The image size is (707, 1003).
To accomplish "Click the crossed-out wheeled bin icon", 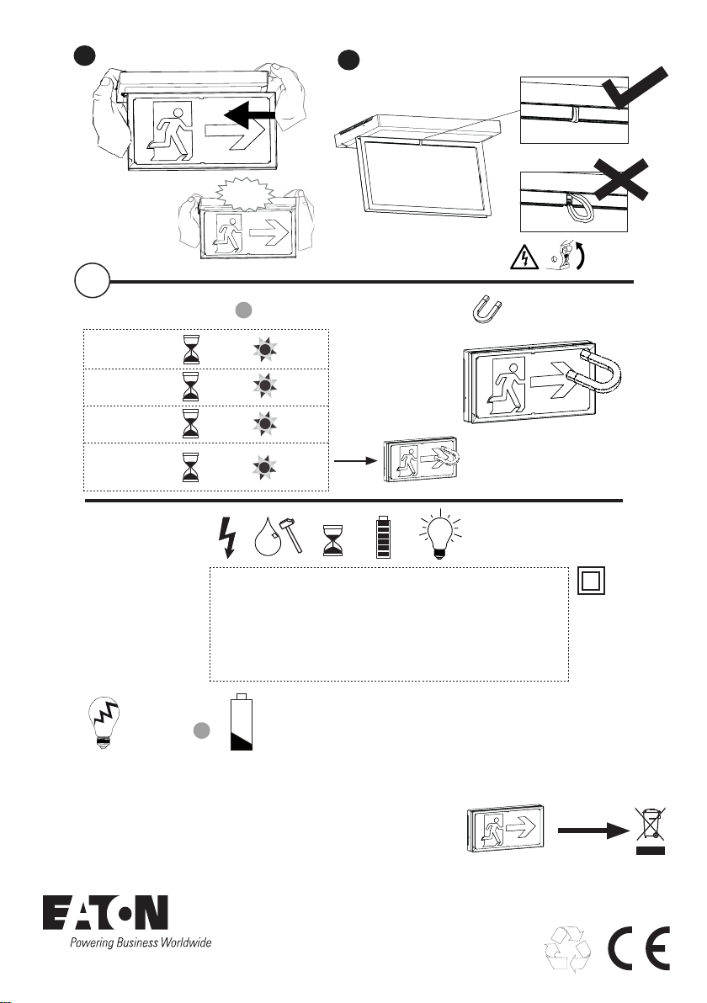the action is point(650,830).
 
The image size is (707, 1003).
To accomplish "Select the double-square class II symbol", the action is point(591,581).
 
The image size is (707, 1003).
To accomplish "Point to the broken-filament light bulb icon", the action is point(104,722).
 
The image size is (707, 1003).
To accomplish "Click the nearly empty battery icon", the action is point(242,722).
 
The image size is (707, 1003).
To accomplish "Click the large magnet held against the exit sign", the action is point(595,371).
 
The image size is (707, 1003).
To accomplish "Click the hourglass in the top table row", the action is point(191,348).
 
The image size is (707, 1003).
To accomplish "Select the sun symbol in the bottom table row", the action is point(264,468).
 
